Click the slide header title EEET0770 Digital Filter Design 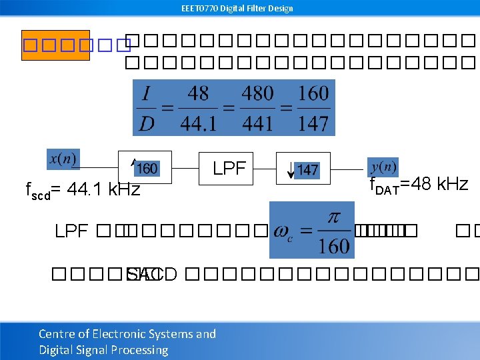click(x=237, y=8)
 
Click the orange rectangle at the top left click(x=55, y=45)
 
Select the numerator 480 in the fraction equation click(x=257, y=93)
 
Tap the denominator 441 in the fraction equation click(x=257, y=123)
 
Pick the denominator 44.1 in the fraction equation click(x=199, y=123)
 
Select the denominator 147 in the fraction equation click(x=313, y=123)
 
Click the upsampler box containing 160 click(x=145, y=167)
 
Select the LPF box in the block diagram click(x=229, y=168)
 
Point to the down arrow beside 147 click(x=290, y=170)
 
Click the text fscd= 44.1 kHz click(x=83, y=191)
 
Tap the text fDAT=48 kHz click(x=419, y=184)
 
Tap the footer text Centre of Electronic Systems click(x=127, y=334)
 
